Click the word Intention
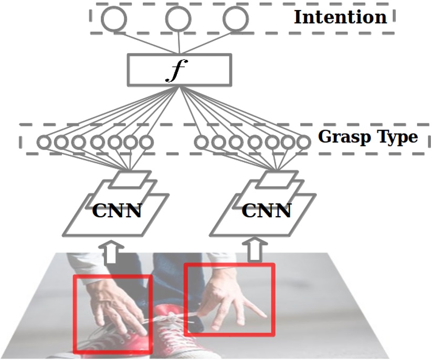click(340, 17)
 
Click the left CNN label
click(117, 210)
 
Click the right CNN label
click(267, 210)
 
